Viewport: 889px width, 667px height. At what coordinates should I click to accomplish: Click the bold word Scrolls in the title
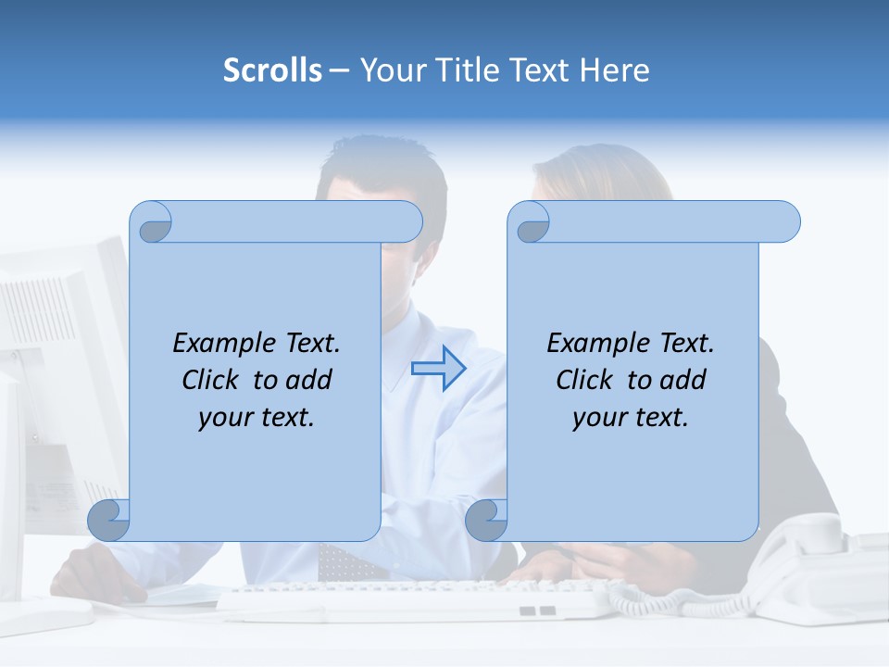pos(272,70)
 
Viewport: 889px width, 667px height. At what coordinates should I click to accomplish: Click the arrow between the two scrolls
pos(438,368)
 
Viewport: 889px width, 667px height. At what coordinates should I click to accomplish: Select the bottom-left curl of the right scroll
pos(486,520)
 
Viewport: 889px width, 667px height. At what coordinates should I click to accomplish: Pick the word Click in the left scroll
pos(213,380)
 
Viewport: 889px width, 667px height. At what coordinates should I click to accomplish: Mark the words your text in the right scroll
pos(630,417)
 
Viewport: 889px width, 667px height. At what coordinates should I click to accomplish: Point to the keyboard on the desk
pos(417,600)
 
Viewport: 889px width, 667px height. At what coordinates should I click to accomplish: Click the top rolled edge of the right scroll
pos(657,221)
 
